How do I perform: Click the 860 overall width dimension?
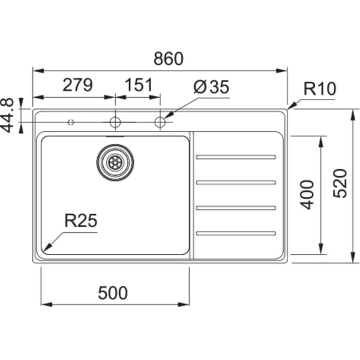click(169, 59)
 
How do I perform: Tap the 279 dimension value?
click(77, 85)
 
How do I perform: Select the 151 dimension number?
click(139, 85)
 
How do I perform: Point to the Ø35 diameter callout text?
click(211, 87)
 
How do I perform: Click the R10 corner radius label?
click(320, 88)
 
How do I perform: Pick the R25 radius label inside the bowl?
click(81, 220)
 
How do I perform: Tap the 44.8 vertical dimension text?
click(7, 115)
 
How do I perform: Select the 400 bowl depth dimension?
click(307, 194)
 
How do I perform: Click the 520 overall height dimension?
click(340, 184)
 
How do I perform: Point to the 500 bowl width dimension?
click(113, 293)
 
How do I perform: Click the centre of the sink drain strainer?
click(115, 163)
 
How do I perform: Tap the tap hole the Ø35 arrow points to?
click(160, 122)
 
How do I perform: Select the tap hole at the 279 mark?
click(115, 122)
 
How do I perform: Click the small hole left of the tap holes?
click(71, 122)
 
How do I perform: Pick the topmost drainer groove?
click(236, 157)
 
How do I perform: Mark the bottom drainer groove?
click(236, 233)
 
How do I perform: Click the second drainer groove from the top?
click(236, 182)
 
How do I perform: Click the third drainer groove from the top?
click(236, 208)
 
